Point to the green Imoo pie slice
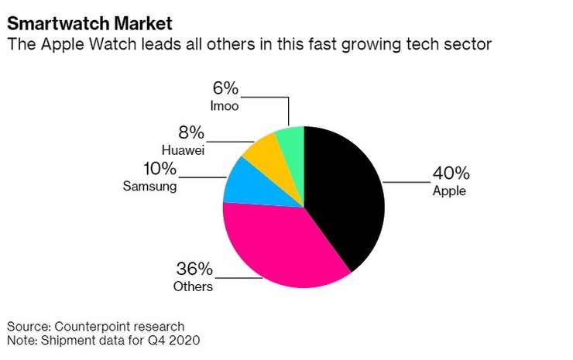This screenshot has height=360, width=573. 291,138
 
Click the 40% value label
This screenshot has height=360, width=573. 451,173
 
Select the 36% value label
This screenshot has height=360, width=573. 194,270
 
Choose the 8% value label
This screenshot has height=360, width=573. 190,132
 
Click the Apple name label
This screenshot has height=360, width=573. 449,190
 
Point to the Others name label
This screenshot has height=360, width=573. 193,286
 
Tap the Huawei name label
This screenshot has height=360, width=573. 184,149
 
